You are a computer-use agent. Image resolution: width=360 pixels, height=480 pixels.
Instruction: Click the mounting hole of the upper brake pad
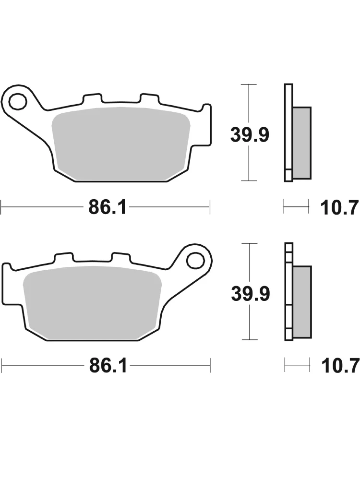coord(17,101)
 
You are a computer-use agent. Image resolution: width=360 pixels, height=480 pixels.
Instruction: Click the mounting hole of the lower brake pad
coord(196,261)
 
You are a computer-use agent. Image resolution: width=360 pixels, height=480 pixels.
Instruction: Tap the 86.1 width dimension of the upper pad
coord(107,207)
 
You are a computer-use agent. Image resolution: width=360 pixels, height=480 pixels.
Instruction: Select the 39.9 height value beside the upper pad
coord(250,135)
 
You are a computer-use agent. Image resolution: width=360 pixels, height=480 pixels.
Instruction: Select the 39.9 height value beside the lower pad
coord(251,294)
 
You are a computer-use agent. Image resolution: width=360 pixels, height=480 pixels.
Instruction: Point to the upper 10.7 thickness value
coord(339,207)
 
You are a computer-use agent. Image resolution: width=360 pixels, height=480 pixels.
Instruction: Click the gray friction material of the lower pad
coord(92,302)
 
